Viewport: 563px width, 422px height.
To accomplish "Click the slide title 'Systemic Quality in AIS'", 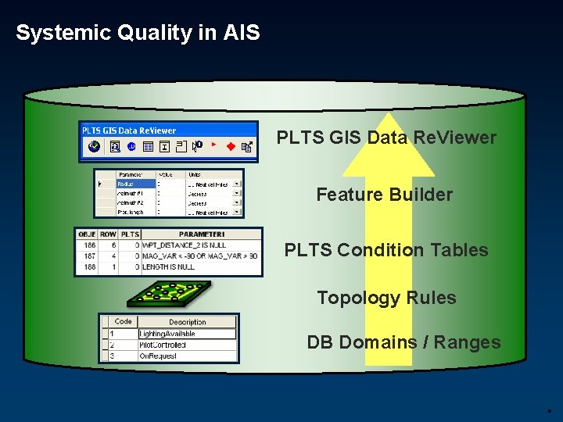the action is (x=138, y=33).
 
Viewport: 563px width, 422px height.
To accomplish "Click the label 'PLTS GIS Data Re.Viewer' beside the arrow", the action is (x=386, y=138).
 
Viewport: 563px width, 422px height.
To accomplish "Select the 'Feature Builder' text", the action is (x=384, y=195).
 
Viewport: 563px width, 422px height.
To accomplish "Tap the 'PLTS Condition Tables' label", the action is (x=386, y=250).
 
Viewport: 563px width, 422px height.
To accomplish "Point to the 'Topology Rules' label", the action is (x=386, y=298).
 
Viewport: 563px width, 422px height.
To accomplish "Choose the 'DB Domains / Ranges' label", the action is (x=403, y=342).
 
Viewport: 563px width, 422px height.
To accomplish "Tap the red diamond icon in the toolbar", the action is (x=231, y=146).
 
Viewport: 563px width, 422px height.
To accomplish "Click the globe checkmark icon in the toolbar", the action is (x=95, y=146).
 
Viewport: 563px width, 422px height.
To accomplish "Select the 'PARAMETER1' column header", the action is (x=201, y=234).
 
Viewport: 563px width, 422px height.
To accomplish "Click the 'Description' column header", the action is (x=188, y=321).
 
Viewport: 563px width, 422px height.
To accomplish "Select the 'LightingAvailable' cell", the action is (x=167, y=334).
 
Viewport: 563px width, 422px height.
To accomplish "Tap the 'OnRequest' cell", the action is (x=158, y=356).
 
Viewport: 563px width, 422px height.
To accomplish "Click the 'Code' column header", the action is (x=124, y=321).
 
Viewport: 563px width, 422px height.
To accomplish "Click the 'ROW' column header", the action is (x=108, y=234).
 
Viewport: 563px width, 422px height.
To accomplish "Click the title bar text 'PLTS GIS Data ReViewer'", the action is (x=130, y=131).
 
